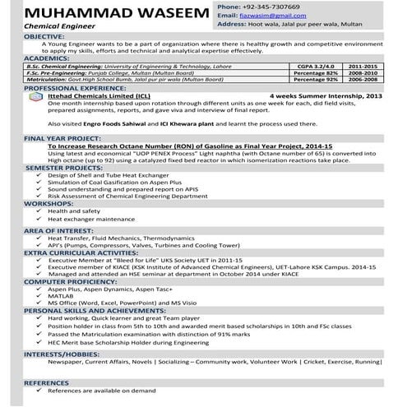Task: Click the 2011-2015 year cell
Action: (x=364, y=64)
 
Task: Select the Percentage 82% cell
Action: (x=316, y=72)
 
